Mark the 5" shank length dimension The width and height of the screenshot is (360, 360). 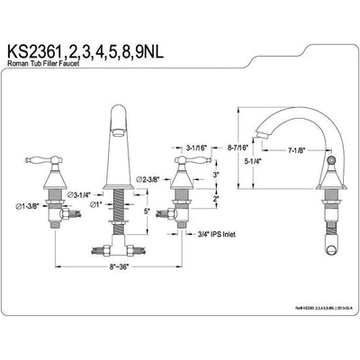[146, 213]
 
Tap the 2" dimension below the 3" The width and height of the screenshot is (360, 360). [217, 198]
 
